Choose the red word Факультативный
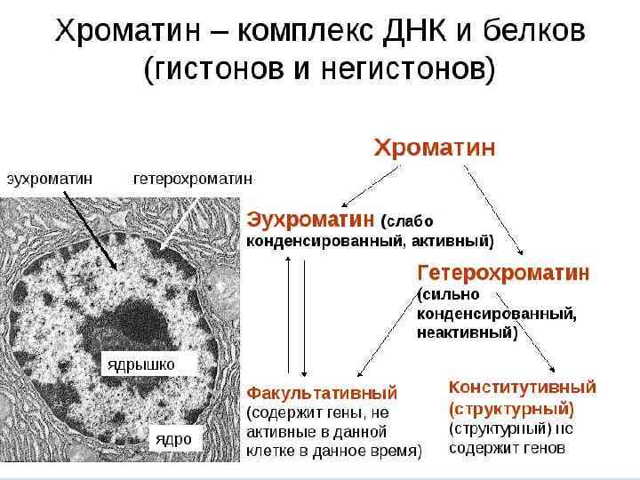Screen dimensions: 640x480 (322, 392)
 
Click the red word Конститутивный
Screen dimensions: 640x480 (522, 388)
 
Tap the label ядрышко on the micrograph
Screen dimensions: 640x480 (140, 364)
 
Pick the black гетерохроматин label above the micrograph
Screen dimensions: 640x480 (192, 178)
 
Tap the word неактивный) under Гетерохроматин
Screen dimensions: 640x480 (468, 333)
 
